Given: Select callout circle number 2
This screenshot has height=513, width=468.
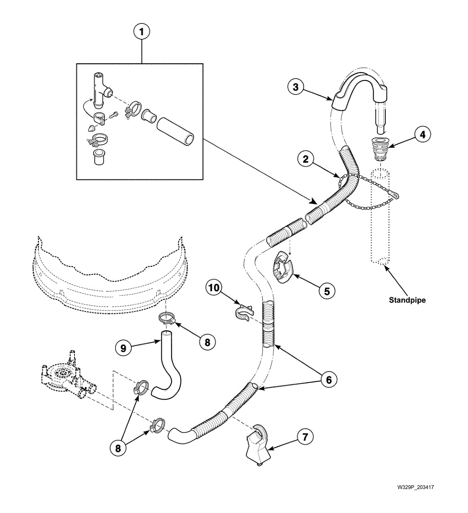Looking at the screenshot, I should click(306, 159).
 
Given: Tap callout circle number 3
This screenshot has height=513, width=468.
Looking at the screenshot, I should click(295, 87).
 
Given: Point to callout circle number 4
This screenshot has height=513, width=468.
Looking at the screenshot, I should click(422, 134).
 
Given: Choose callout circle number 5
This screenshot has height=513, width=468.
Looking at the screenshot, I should click(327, 291).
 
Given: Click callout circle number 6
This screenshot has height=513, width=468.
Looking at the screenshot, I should click(328, 379).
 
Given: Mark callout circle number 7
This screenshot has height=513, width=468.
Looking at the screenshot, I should click(305, 437).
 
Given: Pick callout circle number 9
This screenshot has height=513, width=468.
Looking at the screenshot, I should click(123, 348).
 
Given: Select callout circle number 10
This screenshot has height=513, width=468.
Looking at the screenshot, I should click(214, 288).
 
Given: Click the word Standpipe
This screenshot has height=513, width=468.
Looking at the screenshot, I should click(407, 300).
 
